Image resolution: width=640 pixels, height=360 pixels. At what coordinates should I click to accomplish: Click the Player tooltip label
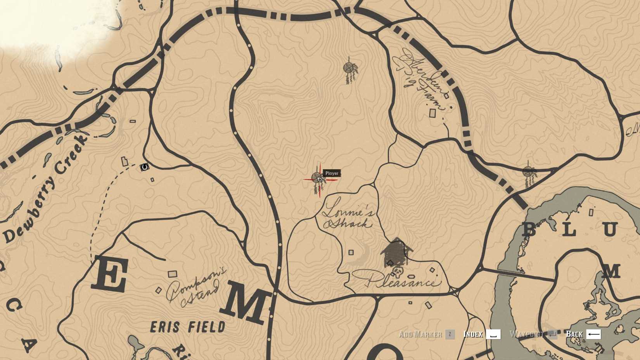(332, 173)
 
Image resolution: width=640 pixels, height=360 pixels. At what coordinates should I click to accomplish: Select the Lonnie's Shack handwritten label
(348, 218)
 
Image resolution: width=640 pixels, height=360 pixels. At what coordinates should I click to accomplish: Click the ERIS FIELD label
(188, 327)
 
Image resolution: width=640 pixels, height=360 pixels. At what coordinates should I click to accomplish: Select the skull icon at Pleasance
(398, 270)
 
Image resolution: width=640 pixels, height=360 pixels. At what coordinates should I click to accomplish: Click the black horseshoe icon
(144, 167)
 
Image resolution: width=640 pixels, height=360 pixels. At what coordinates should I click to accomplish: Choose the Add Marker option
(420, 334)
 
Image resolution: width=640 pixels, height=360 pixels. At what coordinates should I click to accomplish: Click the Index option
(473, 334)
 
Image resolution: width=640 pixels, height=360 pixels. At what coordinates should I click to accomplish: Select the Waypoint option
(526, 334)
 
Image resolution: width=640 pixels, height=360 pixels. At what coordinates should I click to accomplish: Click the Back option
(574, 334)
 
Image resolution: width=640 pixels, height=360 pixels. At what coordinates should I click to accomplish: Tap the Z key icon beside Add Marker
(450, 334)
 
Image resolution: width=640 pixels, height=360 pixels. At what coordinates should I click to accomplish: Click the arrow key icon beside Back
(593, 334)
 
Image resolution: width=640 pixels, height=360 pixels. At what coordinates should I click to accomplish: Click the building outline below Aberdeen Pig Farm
(432, 113)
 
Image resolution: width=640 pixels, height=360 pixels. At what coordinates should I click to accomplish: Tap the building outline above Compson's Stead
(172, 274)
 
